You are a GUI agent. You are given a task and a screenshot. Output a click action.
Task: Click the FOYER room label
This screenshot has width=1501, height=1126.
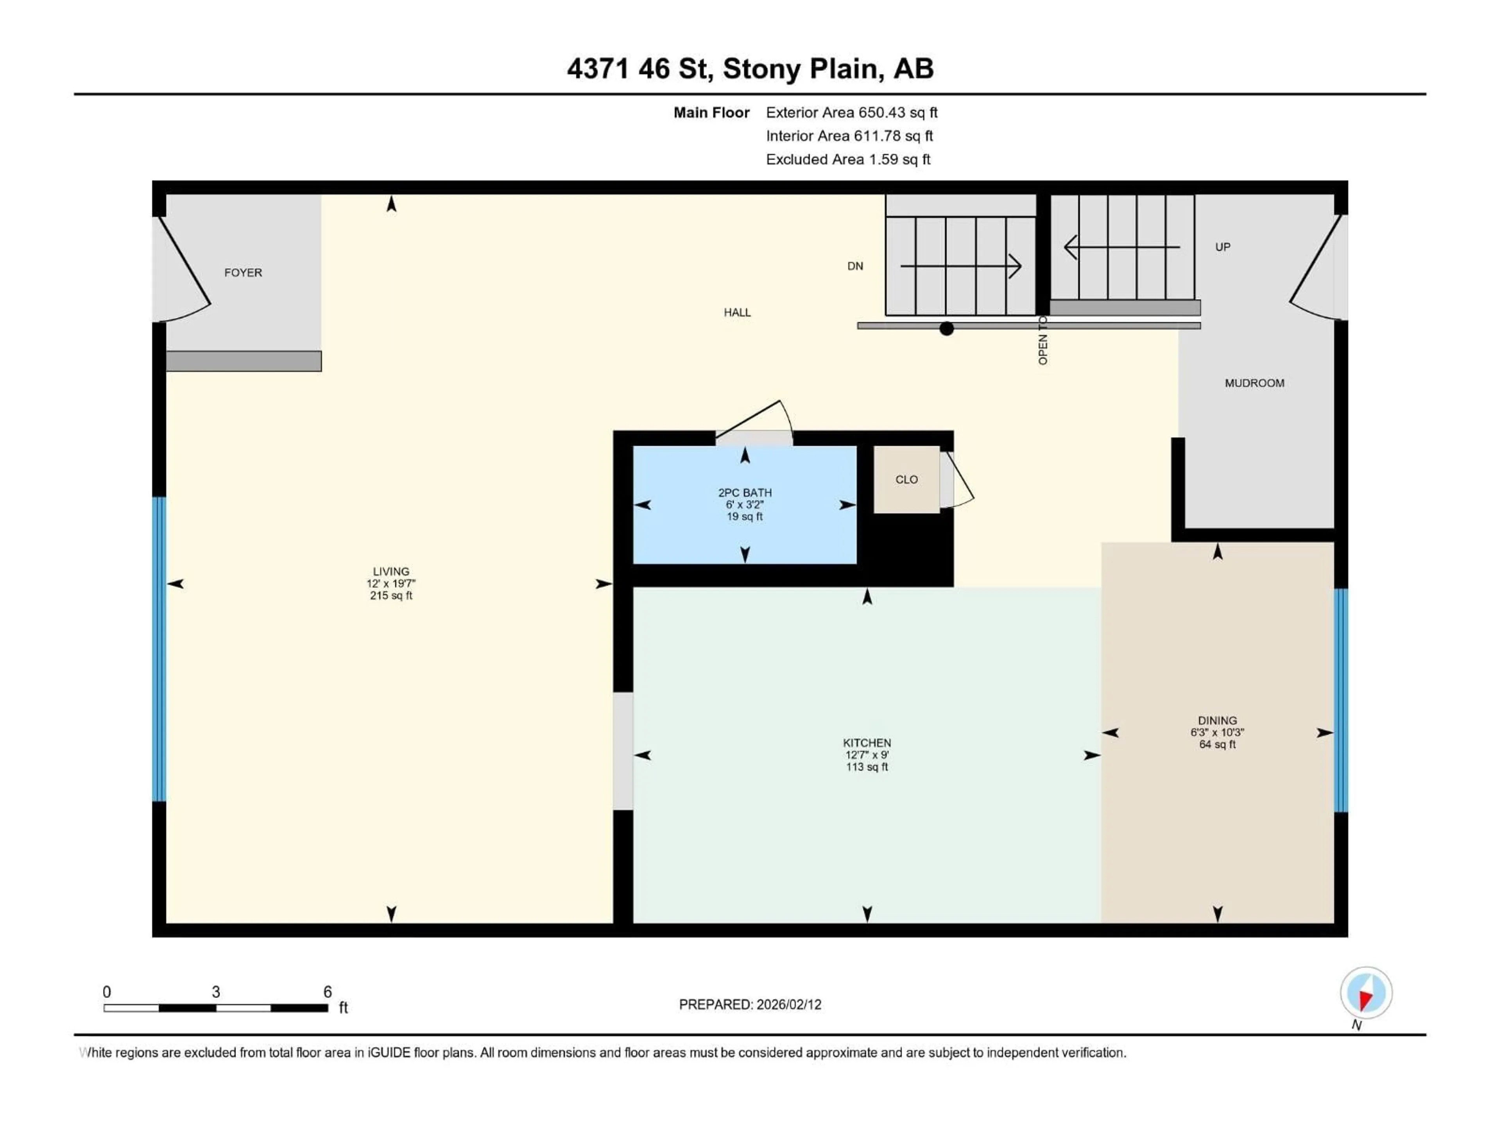pos(243,273)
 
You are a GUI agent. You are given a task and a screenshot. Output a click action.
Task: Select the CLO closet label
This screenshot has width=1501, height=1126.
pos(906,480)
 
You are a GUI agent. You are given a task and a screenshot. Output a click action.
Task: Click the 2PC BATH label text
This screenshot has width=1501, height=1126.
pos(744,493)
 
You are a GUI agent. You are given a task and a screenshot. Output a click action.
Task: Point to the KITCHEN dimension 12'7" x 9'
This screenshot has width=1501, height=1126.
pos(867,755)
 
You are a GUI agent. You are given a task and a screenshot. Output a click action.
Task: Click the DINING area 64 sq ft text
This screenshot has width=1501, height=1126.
pos(1217,744)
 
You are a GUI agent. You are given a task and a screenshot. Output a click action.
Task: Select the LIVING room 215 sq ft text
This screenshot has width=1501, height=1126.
pos(391,596)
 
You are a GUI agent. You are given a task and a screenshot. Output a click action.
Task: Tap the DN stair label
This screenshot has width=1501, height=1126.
pos(855,266)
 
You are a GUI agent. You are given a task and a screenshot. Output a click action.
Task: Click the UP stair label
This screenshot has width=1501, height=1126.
pos(1222,247)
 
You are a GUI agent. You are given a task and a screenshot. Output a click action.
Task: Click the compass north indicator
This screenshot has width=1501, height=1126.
pos(1365,993)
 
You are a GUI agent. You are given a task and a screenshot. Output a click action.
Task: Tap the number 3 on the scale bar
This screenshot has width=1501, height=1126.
pos(216,992)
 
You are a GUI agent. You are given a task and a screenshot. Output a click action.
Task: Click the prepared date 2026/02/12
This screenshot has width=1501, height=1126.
pos(787,1004)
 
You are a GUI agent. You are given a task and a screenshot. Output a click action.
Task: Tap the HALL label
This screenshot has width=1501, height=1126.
pos(737,313)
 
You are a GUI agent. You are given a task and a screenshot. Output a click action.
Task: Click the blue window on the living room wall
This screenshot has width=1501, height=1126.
pos(159,649)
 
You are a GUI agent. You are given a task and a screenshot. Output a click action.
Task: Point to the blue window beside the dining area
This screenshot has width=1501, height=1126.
pos(1340,701)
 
